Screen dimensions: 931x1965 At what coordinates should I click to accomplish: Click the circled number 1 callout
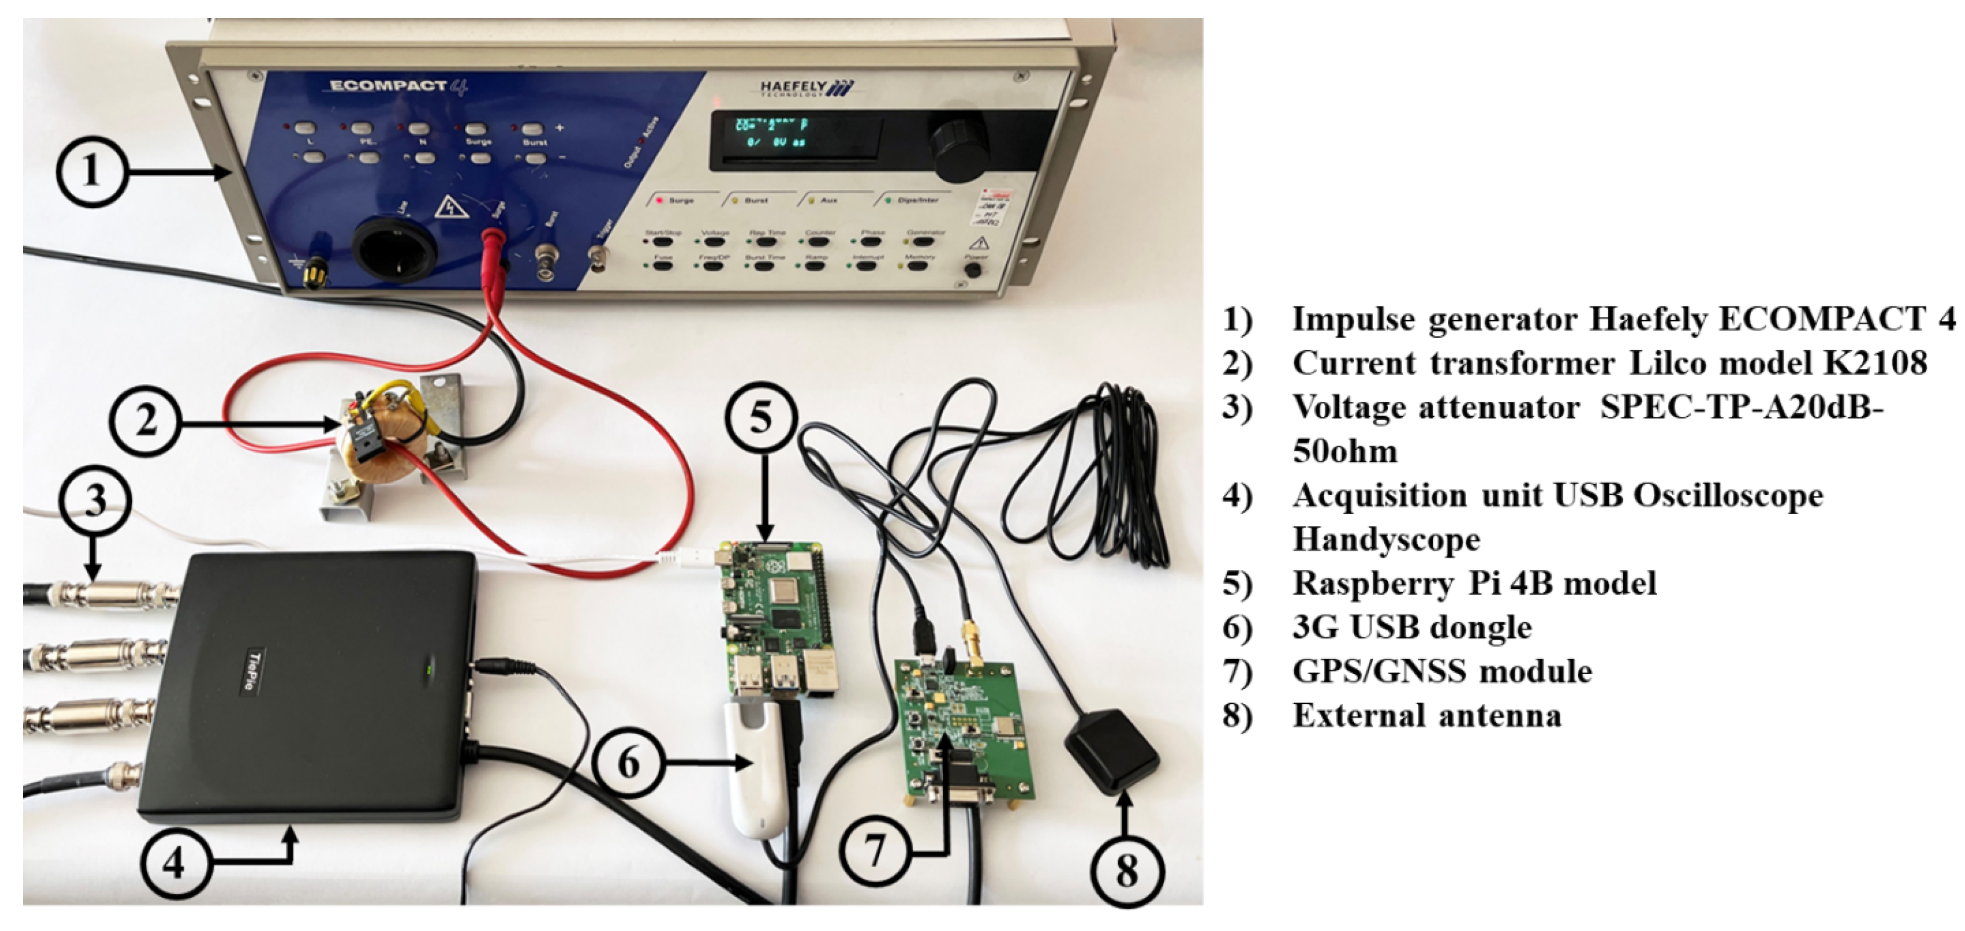click(x=91, y=169)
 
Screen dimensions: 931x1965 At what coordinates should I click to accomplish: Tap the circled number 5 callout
click(x=761, y=418)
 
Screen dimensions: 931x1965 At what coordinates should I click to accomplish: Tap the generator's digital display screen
click(x=797, y=138)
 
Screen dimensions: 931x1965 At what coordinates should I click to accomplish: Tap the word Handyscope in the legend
click(x=1386, y=539)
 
